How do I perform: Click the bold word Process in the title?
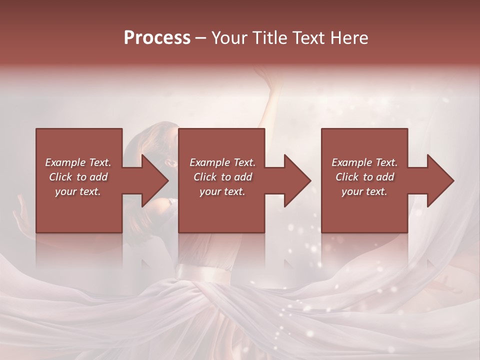point(157,38)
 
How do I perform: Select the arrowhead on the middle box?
point(298,180)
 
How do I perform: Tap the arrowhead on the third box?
point(441,180)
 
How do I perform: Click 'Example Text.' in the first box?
point(78,162)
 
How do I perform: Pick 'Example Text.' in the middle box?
point(222,162)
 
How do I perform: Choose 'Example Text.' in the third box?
point(364,162)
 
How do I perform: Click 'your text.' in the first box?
point(78,191)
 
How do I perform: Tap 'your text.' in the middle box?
point(222,191)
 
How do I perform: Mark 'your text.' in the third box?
point(364,191)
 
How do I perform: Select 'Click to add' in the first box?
point(78,177)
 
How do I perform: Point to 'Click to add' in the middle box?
point(222,177)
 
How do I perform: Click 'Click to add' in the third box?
point(364,177)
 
